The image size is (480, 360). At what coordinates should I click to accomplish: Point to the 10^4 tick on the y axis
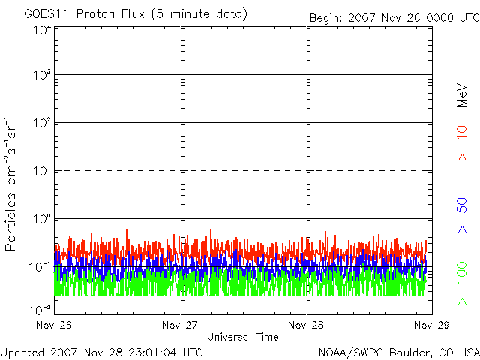coord(41,30)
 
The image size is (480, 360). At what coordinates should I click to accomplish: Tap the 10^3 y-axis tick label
coord(41,76)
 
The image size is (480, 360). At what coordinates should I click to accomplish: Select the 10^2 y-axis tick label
coord(41,124)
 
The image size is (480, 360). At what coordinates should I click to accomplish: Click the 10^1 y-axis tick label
coord(41,172)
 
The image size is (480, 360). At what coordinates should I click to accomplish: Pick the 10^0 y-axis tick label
coord(41,220)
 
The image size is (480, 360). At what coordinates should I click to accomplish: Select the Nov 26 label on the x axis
coord(54,325)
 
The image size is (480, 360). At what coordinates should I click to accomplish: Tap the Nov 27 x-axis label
coord(179,325)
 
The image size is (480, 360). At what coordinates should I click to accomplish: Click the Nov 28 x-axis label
coord(305,325)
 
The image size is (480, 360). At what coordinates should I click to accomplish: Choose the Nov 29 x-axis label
coord(430,325)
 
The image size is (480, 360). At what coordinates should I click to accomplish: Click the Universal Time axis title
coord(242,337)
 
